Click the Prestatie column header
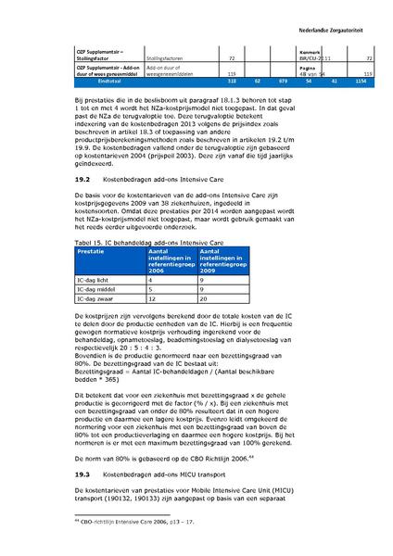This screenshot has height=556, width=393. pos(91,250)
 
